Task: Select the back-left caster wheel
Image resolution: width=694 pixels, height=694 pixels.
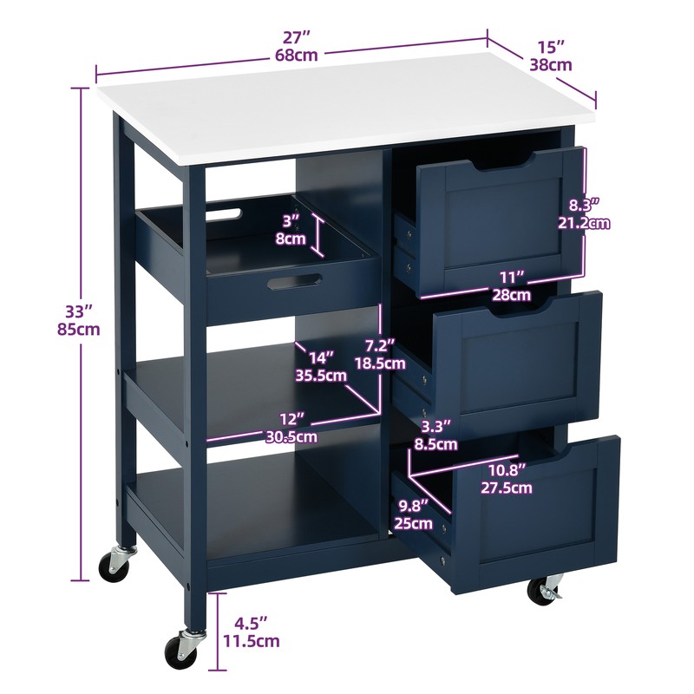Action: point(114,565)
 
